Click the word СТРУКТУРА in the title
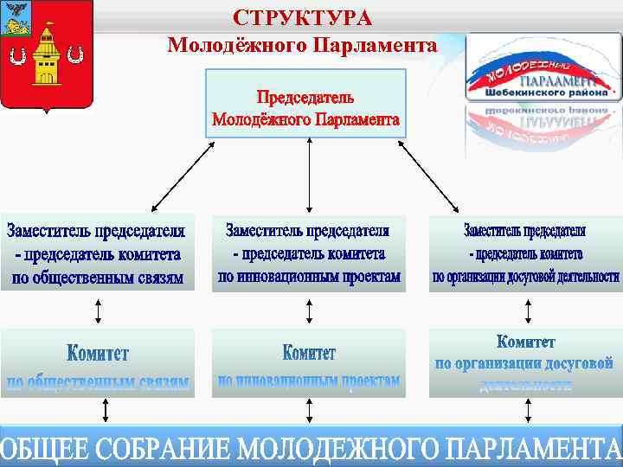(x=302, y=18)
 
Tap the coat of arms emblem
(x=47, y=55)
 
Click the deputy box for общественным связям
(x=97, y=253)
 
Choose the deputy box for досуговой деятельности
(x=525, y=253)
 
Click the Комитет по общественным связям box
(x=97, y=363)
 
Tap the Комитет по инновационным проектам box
(x=309, y=363)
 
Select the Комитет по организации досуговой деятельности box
(x=525, y=363)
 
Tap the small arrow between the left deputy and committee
(x=98, y=310)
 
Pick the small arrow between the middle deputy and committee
(x=310, y=310)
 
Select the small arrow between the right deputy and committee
(x=527, y=310)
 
